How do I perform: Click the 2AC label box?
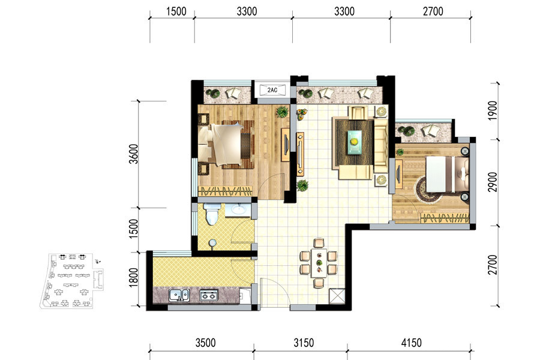(x=272, y=90)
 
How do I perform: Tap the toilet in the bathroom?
(x=212, y=214)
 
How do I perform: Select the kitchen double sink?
(x=179, y=295)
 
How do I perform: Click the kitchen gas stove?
(x=209, y=295)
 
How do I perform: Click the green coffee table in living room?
(x=355, y=142)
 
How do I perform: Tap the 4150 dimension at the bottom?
(x=411, y=343)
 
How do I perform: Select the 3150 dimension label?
(x=304, y=343)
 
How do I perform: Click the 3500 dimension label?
(x=205, y=343)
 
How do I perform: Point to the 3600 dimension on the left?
(x=133, y=154)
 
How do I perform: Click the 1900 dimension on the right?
(x=493, y=110)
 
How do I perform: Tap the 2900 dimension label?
(x=493, y=182)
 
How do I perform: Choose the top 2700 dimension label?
(x=433, y=11)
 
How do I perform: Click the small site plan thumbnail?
(x=72, y=280)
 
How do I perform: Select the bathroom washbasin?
(x=238, y=209)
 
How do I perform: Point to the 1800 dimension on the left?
(x=133, y=277)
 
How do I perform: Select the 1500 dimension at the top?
(x=176, y=11)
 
